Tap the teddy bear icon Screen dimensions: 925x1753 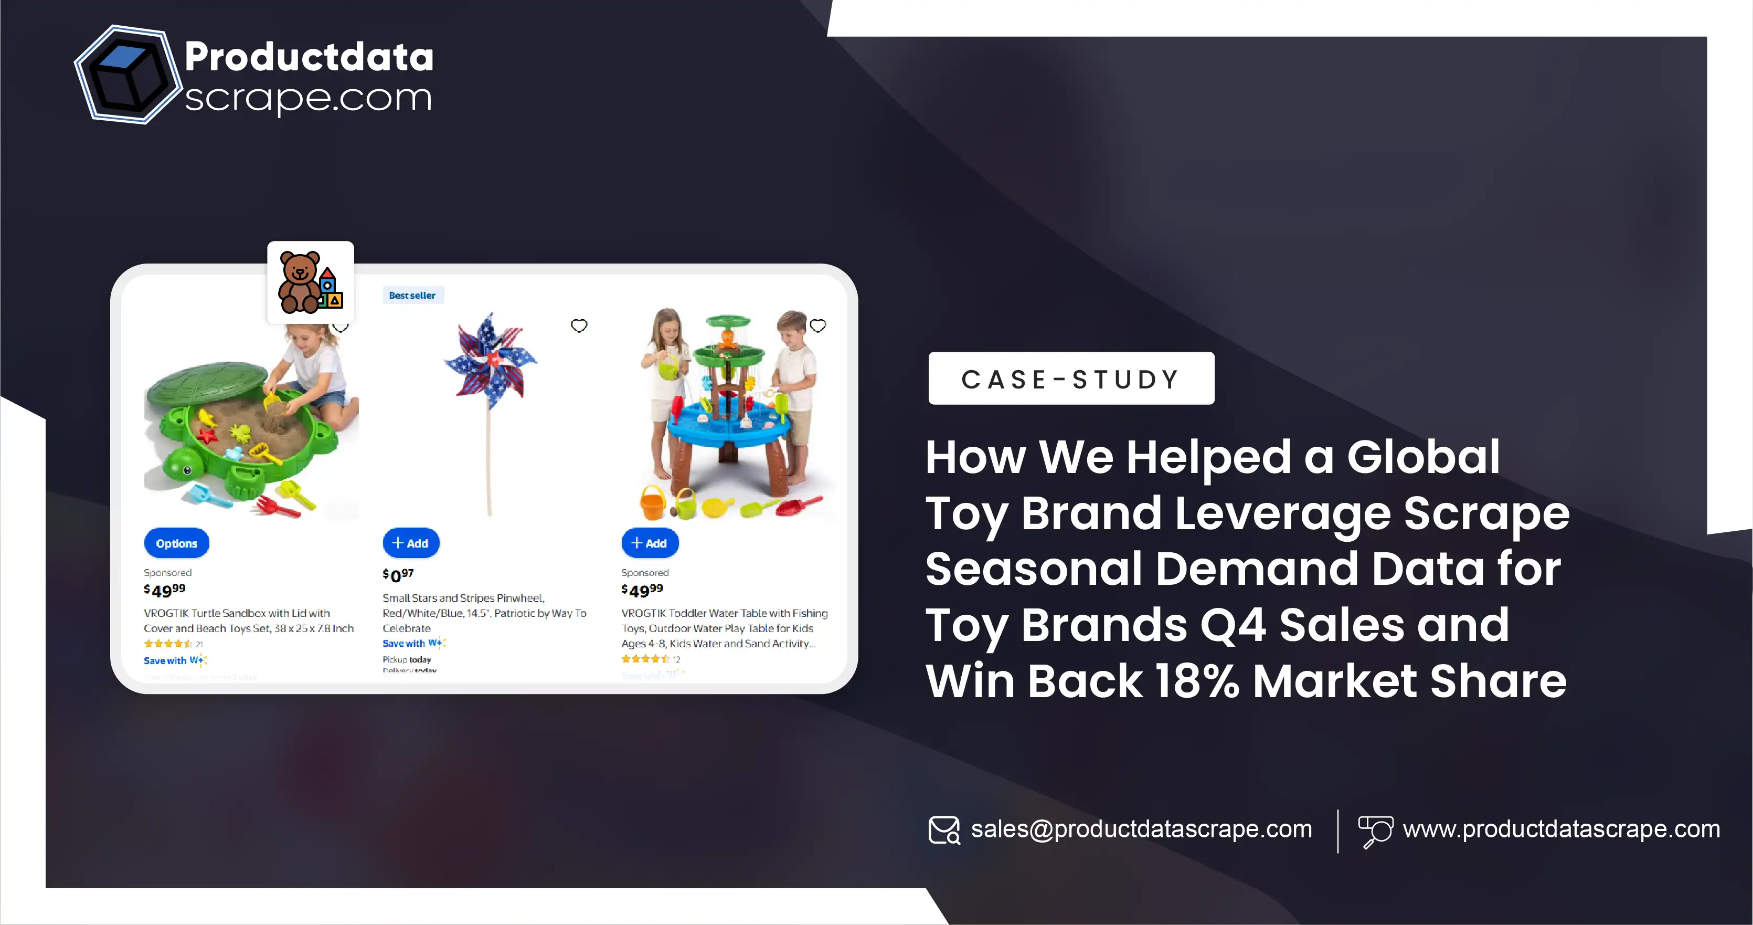[x=310, y=282]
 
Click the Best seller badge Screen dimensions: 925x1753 [x=412, y=296]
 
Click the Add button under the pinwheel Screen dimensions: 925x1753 [x=410, y=543]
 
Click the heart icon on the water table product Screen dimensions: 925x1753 [x=817, y=326]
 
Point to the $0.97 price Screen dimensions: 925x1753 [x=398, y=575]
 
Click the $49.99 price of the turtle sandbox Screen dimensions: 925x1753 [x=165, y=590]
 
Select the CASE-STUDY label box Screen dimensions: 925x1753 [x=1070, y=379]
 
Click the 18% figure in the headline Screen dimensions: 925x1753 [x=1196, y=681]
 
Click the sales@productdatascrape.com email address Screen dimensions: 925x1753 [x=1141, y=829]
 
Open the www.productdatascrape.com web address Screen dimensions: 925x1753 [x=1561, y=829]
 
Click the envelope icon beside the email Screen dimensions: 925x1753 [x=944, y=829]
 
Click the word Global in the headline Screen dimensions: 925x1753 [x=1423, y=457]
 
